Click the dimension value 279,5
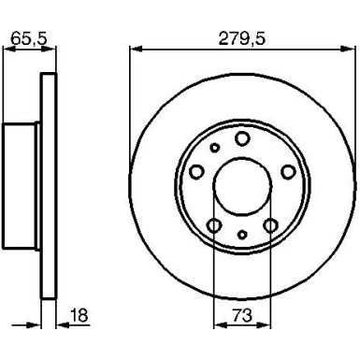(241, 38)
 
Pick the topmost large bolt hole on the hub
(241, 139)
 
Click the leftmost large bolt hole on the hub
(197, 171)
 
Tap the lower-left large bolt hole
(214, 223)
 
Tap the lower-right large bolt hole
(269, 223)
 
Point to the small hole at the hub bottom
(241, 235)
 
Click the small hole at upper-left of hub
(214, 147)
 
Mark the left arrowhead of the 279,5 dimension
(132, 50)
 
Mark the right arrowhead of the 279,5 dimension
(352, 50)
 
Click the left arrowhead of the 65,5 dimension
(8, 50)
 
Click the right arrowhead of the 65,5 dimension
(47, 50)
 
